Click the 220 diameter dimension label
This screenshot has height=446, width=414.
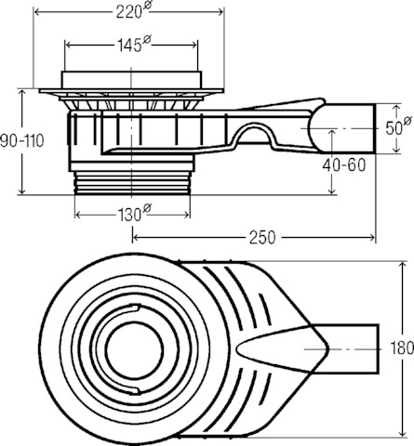[133, 12]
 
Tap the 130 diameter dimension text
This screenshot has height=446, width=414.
[134, 214]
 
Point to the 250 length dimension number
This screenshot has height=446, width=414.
[262, 238]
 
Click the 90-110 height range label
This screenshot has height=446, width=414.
[22, 141]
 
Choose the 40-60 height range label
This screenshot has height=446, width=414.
[344, 165]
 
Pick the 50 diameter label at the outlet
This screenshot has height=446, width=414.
[398, 127]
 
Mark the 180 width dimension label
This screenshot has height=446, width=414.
[402, 348]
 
